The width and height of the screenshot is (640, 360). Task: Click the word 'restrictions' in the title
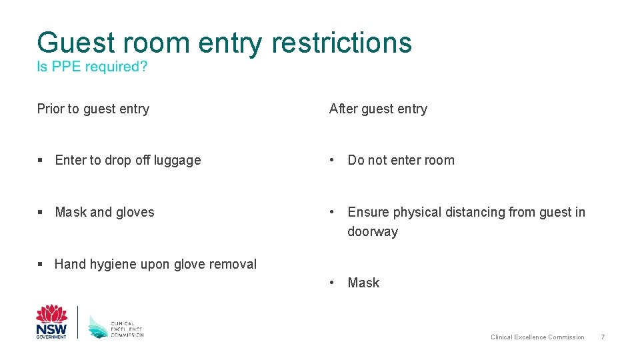[x=341, y=43]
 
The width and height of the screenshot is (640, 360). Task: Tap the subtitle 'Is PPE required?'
[x=92, y=67]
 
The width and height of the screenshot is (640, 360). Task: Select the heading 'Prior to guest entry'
[x=93, y=109]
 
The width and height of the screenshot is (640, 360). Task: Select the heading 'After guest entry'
[x=378, y=109]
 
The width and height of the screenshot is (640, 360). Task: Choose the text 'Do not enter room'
[x=401, y=160]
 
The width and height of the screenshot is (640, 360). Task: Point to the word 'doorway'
[x=373, y=232]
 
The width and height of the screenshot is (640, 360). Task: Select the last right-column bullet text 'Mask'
[x=363, y=283]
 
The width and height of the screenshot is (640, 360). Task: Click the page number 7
[x=603, y=337]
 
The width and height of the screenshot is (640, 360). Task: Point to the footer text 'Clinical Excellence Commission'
[x=537, y=337]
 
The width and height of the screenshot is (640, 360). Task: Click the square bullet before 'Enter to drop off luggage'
[x=41, y=161]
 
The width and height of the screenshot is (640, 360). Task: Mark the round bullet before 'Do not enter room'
[x=333, y=160]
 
